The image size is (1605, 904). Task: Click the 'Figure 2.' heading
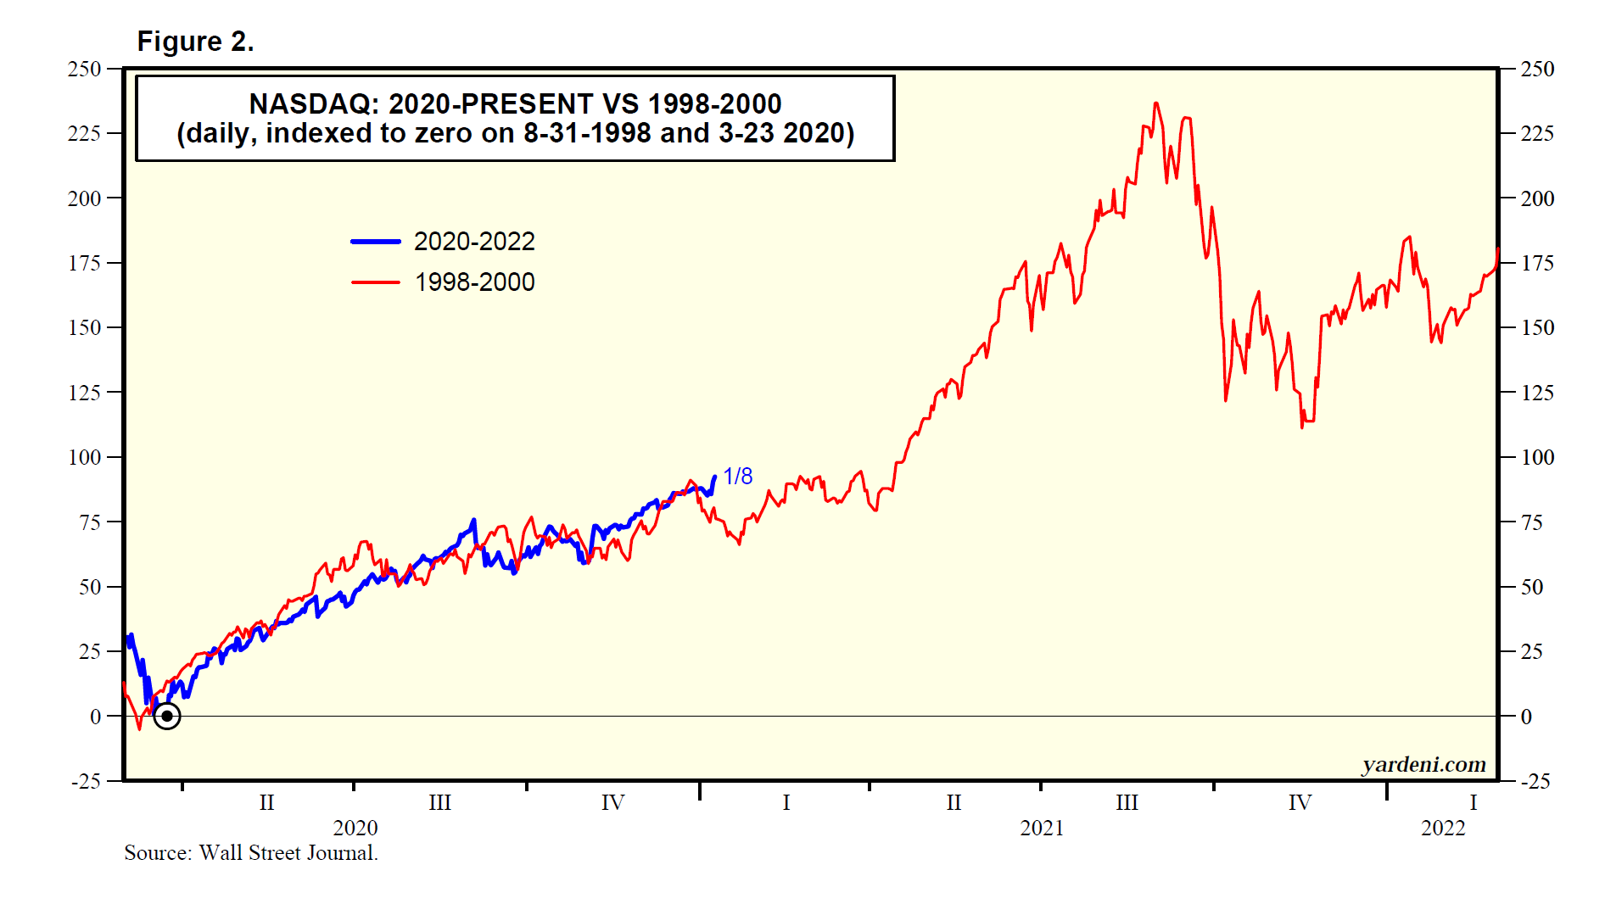pos(195,42)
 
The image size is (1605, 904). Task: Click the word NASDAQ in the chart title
pos(313,104)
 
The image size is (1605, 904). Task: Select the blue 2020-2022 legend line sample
pos(376,242)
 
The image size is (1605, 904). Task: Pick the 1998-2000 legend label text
pos(474,282)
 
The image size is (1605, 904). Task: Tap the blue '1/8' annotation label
pos(737,477)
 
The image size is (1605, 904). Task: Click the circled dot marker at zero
pos(167,717)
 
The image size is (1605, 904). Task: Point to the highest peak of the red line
pos(1155,104)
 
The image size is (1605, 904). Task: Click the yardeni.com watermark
pos(1423,765)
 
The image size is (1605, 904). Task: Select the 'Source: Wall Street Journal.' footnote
pos(251,853)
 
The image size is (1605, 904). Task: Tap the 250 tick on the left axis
pos(84,69)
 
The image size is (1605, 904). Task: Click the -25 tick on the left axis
pos(86,781)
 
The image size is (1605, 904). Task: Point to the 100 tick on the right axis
pos(1537,457)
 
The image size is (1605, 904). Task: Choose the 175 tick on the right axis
pos(1537,263)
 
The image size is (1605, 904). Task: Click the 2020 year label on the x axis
pos(355,828)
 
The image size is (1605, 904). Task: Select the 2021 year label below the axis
pos(1042,828)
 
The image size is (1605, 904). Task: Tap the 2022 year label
pos(1443,828)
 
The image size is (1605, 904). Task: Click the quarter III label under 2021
pos(1127,802)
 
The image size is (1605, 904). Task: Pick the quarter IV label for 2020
pos(612,802)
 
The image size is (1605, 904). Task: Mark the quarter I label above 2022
pos(1473,802)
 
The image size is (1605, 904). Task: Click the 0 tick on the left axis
pos(95,717)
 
